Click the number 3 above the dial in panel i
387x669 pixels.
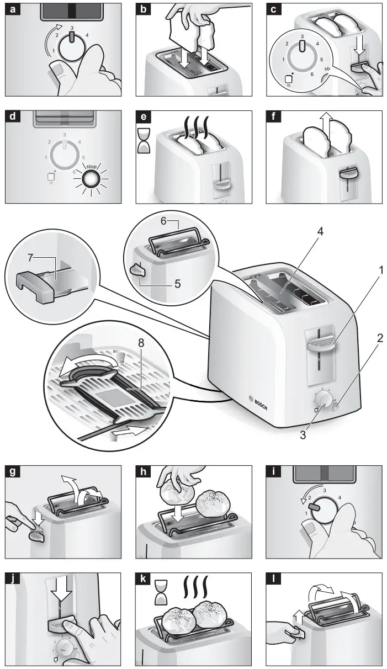tap(324, 491)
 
